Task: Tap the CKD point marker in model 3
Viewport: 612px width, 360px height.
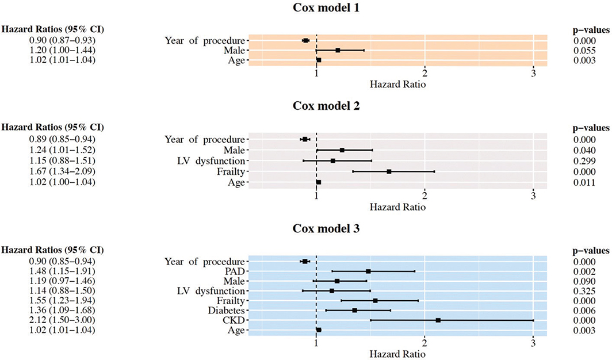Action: point(438,320)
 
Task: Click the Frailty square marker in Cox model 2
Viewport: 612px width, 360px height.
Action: point(389,171)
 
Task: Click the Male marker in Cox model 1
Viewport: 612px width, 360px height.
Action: point(338,51)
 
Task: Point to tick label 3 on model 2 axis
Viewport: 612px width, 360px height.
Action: point(533,194)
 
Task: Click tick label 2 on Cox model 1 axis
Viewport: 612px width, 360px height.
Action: point(424,74)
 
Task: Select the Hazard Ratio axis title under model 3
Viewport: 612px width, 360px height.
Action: point(397,353)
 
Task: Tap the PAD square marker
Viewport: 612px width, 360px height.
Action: point(368,271)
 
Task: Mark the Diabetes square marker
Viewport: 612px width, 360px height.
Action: point(355,310)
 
